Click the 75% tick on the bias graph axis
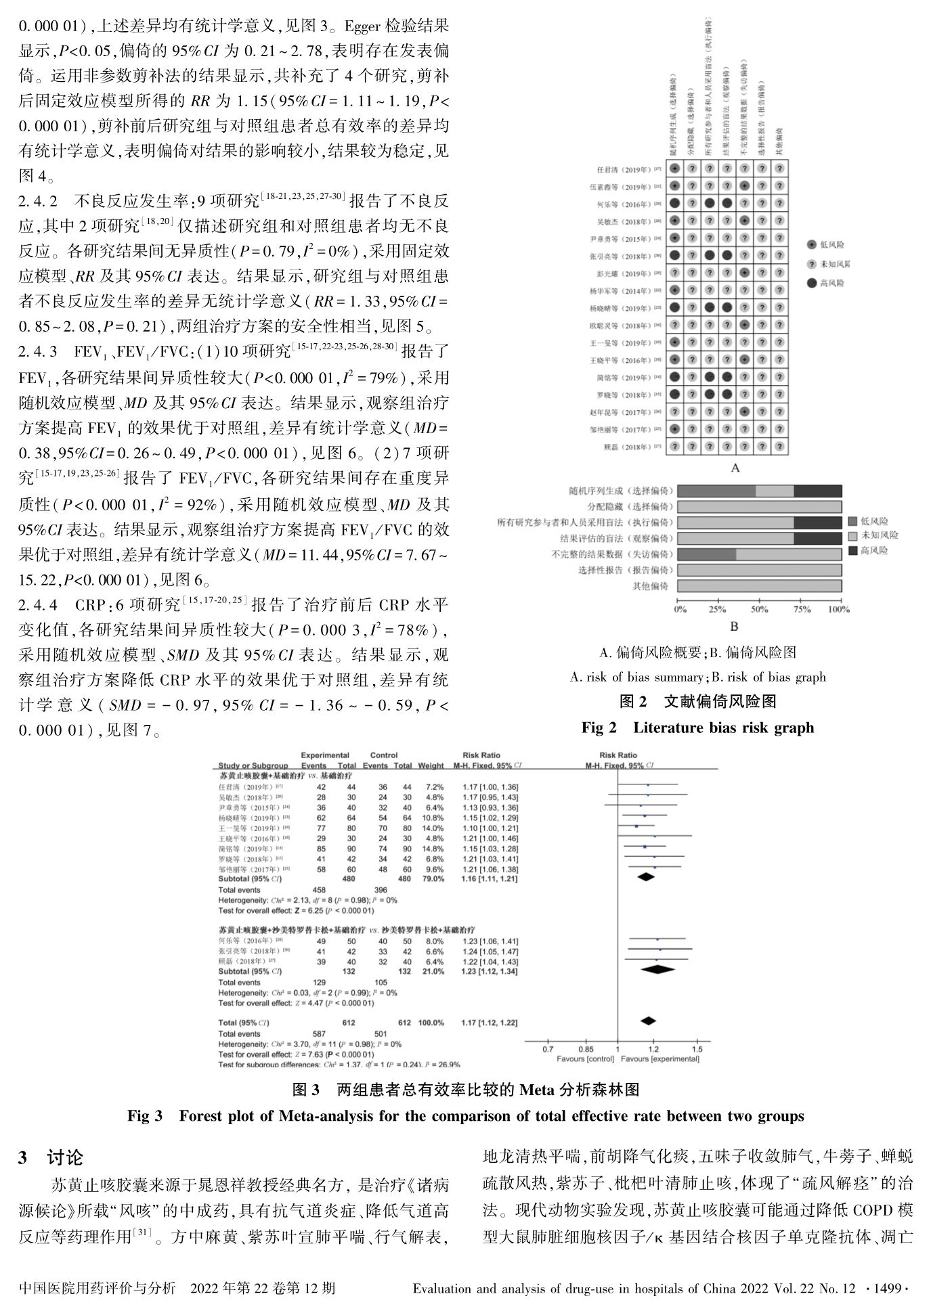click(x=802, y=609)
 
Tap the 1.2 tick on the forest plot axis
click(x=653, y=1049)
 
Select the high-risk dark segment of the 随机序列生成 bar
click(x=817, y=491)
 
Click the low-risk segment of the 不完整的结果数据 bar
click(x=706, y=554)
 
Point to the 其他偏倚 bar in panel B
click(x=759, y=586)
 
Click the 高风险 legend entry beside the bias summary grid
click(x=831, y=283)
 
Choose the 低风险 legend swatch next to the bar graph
click(x=852, y=522)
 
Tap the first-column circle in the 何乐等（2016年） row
click(x=674, y=203)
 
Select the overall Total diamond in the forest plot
click(x=648, y=1021)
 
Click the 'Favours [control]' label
click(x=585, y=1059)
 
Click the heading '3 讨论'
click(x=51, y=1158)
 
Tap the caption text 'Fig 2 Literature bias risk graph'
click(x=697, y=728)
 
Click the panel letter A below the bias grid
click(x=735, y=468)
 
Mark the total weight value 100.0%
click(x=431, y=1023)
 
